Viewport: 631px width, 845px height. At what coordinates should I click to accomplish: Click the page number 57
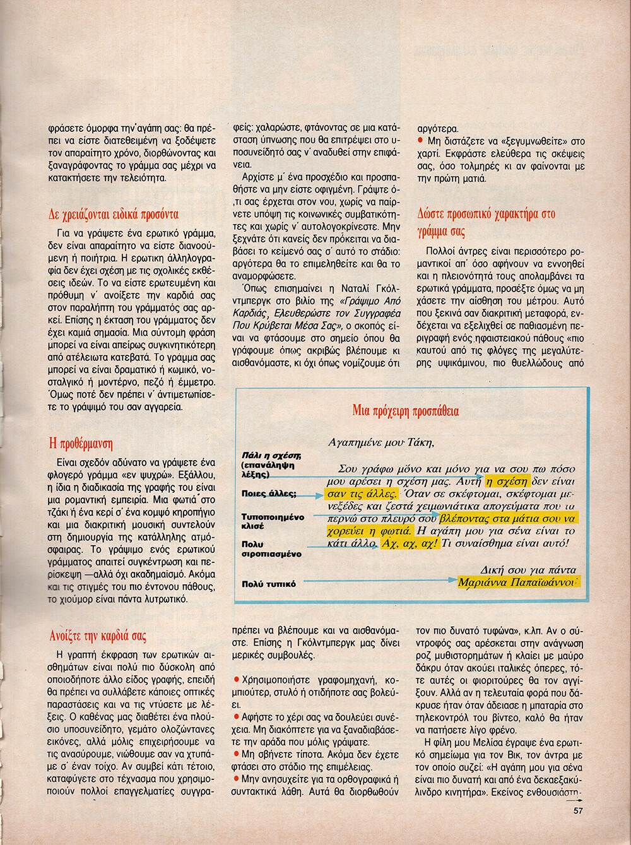pyautogui.click(x=578, y=811)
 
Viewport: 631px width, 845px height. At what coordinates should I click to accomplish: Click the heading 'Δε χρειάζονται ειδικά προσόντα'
pyautogui.click(x=114, y=214)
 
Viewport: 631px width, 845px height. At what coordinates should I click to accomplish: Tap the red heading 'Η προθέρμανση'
pyautogui.click(x=81, y=444)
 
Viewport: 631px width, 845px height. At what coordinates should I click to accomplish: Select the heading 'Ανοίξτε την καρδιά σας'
pyautogui.click(x=98, y=635)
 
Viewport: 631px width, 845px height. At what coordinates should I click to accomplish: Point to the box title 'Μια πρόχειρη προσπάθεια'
pyautogui.click(x=406, y=411)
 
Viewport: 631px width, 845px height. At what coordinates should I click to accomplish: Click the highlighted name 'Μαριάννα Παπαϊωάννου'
pyautogui.click(x=517, y=582)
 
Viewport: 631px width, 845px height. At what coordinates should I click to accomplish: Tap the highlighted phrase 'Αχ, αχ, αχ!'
pyautogui.click(x=410, y=543)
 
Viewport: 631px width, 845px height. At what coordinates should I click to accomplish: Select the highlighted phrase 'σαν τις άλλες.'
pyautogui.click(x=362, y=493)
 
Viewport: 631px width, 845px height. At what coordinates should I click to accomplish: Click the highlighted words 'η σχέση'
pyautogui.click(x=507, y=481)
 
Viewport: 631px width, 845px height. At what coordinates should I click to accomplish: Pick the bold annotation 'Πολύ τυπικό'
pyautogui.click(x=269, y=584)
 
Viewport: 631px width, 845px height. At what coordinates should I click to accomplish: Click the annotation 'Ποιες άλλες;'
pyautogui.click(x=269, y=493)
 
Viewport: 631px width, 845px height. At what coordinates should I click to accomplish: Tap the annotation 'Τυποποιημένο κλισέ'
pyautogui.click(x=273, y=521)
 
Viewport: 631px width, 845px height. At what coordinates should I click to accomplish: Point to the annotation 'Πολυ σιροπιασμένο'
pyautogui.click(x=271, y=549)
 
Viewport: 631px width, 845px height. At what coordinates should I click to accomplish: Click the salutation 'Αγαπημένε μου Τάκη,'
pyautogui.click(x=381, y=442)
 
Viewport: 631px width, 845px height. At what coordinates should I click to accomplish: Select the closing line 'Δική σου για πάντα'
pyautogui.click(x=528, y=569)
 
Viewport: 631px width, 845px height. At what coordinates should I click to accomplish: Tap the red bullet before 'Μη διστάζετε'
pyautogui.click(x=420, y=140)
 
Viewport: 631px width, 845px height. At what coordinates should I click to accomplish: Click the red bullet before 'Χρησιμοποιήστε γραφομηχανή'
pyautogui.click(x=237, y=679)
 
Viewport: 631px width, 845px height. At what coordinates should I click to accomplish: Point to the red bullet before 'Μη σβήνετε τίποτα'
pyautogui.click(x=237, y=753)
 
